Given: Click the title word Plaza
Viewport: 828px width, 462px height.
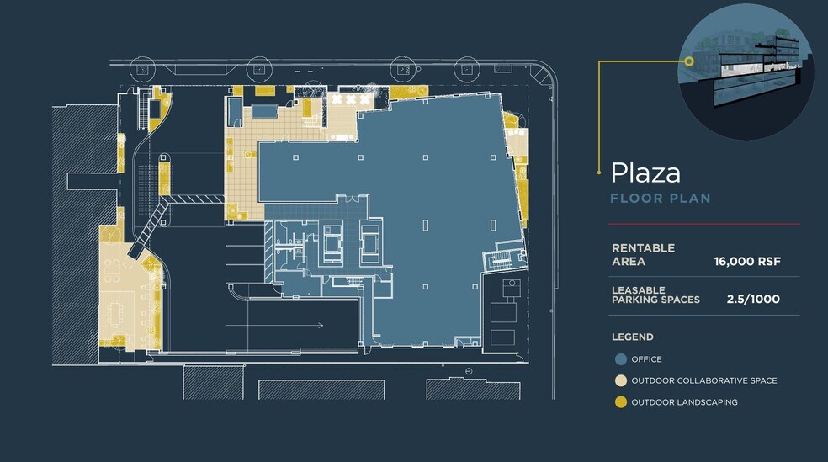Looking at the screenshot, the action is pos(645,173).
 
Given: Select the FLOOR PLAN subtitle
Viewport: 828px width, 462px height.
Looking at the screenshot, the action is pos(660,199).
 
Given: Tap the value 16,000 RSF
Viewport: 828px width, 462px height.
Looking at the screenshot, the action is pos(747,262).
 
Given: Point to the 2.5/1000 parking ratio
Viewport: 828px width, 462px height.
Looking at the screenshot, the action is pos(753,299).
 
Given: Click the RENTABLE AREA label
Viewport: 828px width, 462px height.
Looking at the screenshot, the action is pos(643,254).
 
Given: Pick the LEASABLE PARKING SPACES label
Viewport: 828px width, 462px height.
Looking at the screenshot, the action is pos(655,295).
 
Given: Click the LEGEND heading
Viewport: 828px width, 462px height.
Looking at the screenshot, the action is pos(633,337).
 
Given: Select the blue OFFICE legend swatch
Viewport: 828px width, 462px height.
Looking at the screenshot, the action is pos(621,359).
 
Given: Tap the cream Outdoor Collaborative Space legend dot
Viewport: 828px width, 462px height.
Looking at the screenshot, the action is pos(621,380).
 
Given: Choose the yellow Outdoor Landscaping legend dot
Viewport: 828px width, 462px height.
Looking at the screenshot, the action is pos(621,402).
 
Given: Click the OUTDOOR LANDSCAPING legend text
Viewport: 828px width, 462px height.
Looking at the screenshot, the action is pos(684,402).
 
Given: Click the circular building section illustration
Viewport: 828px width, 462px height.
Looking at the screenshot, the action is pos(745,72).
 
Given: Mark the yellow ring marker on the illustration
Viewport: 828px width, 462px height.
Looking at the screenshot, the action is pos(688,61).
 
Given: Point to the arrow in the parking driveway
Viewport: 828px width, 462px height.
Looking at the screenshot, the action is pos(274,325).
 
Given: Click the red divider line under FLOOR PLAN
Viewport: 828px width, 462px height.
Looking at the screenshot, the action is pos(704,224).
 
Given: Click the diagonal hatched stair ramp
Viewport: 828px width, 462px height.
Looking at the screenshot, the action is pos(150,227).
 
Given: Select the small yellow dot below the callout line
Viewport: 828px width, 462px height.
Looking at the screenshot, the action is pos(599,173).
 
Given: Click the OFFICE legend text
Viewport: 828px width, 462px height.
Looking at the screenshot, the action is pos(646,359).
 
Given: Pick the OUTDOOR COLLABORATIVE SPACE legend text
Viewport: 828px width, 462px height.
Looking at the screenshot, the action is pos(704,380).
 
